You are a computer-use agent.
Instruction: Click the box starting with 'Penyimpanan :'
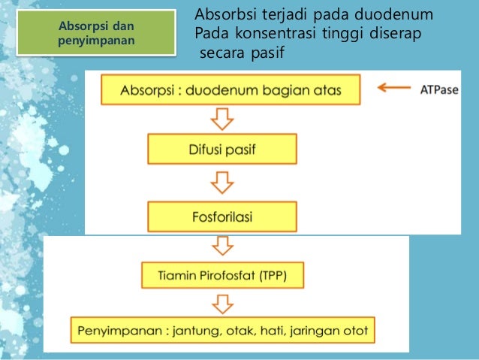[x=223, y=329]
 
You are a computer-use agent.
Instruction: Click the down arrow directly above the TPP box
[x=221, y=246]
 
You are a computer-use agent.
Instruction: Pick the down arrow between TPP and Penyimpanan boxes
[x=221, y=302]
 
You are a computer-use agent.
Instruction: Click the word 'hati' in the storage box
[x=295, y=329]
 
